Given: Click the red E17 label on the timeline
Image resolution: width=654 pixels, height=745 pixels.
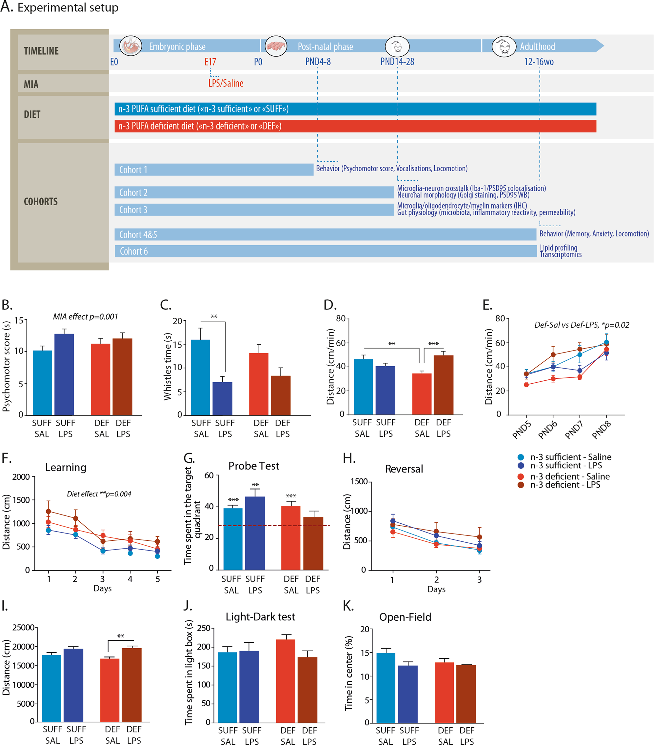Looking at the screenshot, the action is tap(210, 62).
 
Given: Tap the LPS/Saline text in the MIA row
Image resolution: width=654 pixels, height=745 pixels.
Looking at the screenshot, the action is tap(226, 83).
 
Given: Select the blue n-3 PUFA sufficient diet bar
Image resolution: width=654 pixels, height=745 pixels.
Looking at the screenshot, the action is tap(355, 109).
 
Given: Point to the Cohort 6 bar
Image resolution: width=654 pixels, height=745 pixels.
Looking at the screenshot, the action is tap(326, 251).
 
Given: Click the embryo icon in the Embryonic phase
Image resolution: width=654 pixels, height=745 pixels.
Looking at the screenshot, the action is tap(131, 46).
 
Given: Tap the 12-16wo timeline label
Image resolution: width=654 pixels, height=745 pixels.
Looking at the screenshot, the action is tap(539, 62).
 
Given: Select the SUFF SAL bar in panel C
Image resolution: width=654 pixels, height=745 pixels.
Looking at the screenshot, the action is tap(200, 377).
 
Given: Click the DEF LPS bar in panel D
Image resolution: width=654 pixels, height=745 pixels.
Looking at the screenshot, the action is tap(444, 385).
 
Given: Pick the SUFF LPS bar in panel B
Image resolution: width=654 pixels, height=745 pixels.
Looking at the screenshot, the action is tap(64, 374).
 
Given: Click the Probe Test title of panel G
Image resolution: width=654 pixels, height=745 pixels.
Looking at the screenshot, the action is tap(254, 466).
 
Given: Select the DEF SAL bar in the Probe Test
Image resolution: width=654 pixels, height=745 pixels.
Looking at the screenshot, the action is tap(291, 538).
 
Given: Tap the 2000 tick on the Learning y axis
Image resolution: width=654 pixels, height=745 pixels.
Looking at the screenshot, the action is tap(21, 477).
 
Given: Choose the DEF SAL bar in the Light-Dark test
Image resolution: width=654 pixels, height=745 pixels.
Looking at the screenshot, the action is tap(286, 681).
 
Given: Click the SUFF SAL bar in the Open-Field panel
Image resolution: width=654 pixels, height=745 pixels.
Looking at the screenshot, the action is tap(386, 688).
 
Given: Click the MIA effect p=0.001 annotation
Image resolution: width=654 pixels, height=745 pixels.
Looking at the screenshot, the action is tap(86, 317).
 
